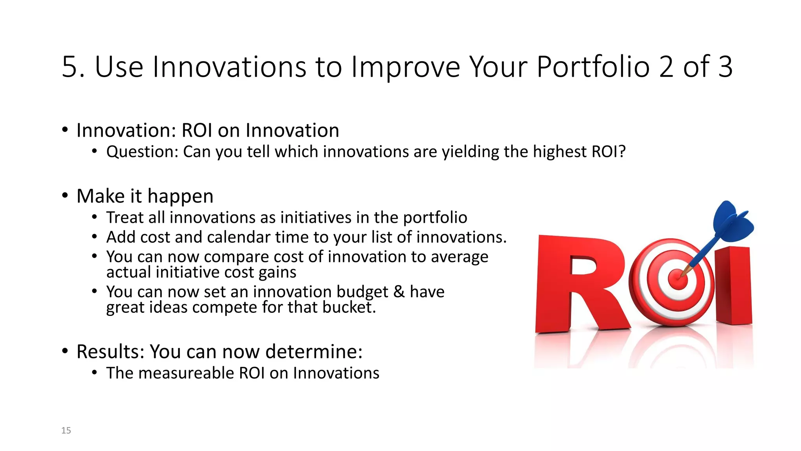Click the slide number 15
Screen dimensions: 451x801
point(66,430)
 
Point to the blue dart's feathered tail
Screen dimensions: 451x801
point(731,221)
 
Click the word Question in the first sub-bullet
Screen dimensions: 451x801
point(142,152)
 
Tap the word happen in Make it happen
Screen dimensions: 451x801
point(180,196)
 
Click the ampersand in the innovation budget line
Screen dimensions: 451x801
point(399,292)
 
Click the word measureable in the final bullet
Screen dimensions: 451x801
point(186,373)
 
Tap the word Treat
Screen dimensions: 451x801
point(125,218)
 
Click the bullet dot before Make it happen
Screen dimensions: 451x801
point(65,195)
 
